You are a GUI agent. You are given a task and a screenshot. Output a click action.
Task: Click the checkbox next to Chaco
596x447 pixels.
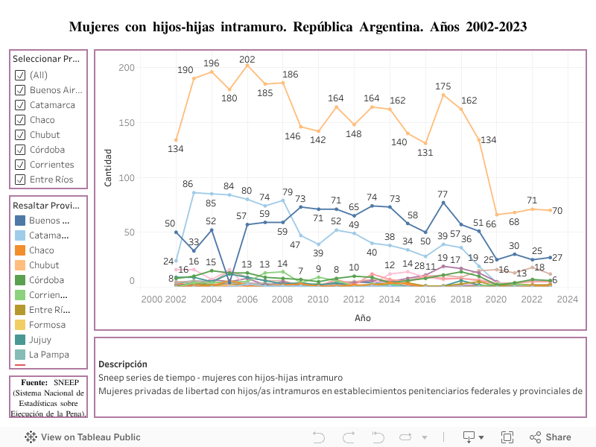click(x=20, y=120)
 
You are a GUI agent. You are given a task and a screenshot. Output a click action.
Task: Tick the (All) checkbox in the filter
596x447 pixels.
click(x=20, y=75)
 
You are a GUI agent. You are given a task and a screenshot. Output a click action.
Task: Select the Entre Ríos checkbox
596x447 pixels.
click(x=20, y=180)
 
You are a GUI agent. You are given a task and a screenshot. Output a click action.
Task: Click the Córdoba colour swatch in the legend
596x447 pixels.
click(x=20, y=280)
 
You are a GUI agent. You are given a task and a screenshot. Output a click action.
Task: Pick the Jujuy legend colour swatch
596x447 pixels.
click(x=20, y=340)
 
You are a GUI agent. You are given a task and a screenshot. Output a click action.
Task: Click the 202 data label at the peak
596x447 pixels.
click(x=247, y=60)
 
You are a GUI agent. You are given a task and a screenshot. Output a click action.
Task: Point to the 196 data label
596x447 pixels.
click(x=211, y=63)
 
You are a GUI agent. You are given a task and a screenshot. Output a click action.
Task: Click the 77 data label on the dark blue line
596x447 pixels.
click(x=443, y=194)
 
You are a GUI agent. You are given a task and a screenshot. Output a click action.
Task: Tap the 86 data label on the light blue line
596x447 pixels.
click(x=188, y=184)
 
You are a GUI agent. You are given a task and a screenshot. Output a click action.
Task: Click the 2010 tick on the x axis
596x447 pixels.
click(x=318, y=299)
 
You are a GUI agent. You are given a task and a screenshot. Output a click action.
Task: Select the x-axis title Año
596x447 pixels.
click(x=361, y=318)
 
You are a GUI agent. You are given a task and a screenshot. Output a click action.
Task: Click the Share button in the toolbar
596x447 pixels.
click(x=551, y=437)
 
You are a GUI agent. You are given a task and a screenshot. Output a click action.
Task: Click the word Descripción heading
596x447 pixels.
click(x=122, y=364)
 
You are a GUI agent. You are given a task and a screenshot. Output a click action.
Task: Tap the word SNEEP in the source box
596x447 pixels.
click(x=69, y=382)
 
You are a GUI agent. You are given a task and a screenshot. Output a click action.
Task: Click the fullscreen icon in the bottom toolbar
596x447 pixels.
click(x=507, y=437)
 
